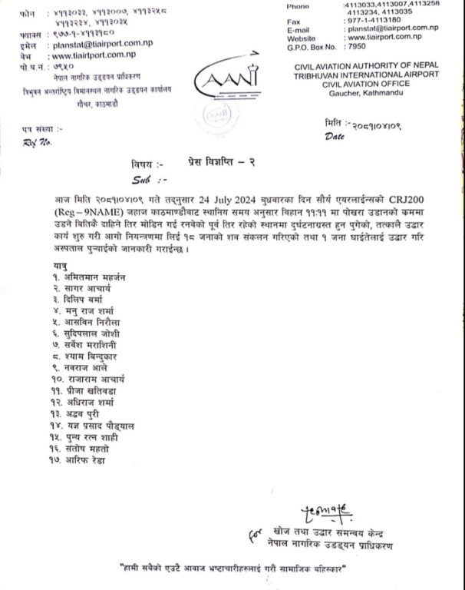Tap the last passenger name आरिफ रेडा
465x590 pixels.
pos(86,460)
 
